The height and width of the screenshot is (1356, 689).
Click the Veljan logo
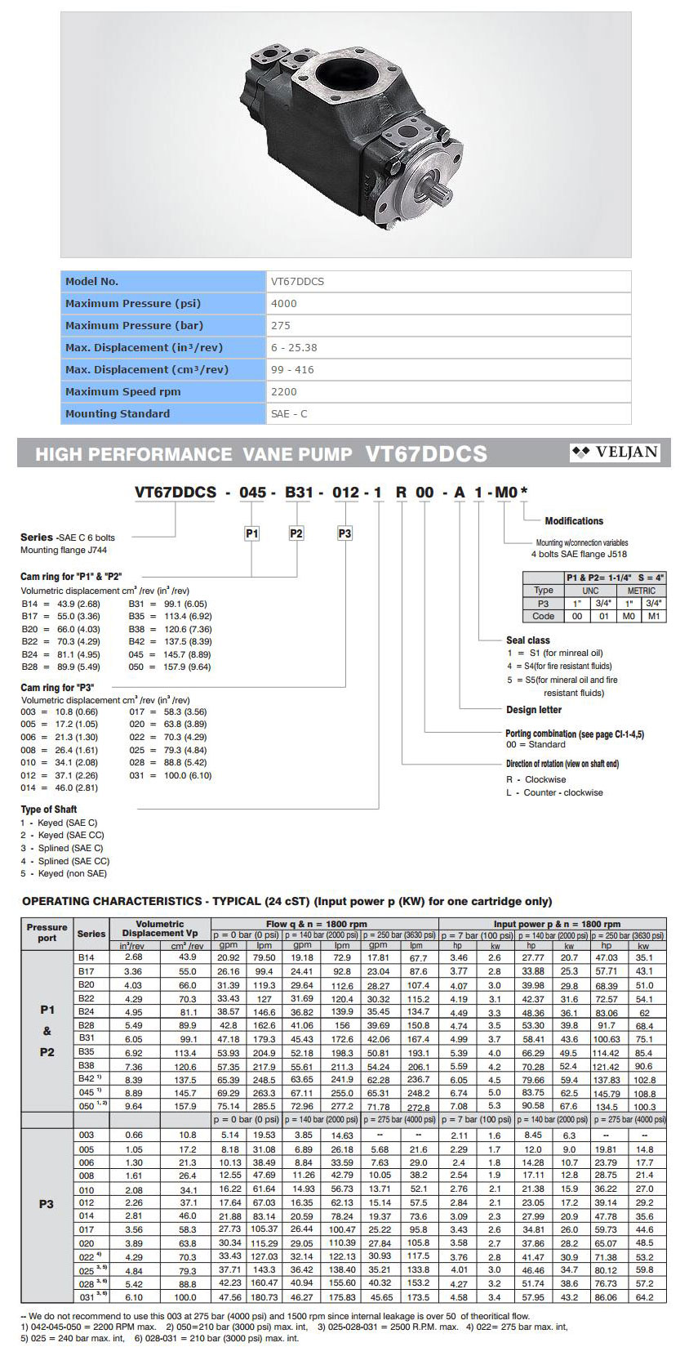point(616,453)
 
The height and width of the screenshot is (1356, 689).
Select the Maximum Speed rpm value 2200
point(284,392)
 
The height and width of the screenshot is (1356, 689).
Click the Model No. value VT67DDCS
point(297,282)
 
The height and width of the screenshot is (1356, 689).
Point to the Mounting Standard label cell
point(118,414)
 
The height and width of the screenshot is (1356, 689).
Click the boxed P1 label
point(252,533)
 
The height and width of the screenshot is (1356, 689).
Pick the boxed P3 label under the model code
point(344,533)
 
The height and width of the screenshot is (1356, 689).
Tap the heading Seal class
point(527,640)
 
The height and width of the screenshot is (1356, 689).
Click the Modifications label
point(574,521)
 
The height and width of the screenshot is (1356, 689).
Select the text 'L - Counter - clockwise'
point(554,792)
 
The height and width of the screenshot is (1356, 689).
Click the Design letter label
point(534,710)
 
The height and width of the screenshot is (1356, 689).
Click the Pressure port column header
point(47,932)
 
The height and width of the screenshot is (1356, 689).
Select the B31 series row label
point(87,1037)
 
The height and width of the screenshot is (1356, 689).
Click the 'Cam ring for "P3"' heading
point(58,688)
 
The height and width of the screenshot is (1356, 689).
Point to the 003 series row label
point(87,1135)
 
